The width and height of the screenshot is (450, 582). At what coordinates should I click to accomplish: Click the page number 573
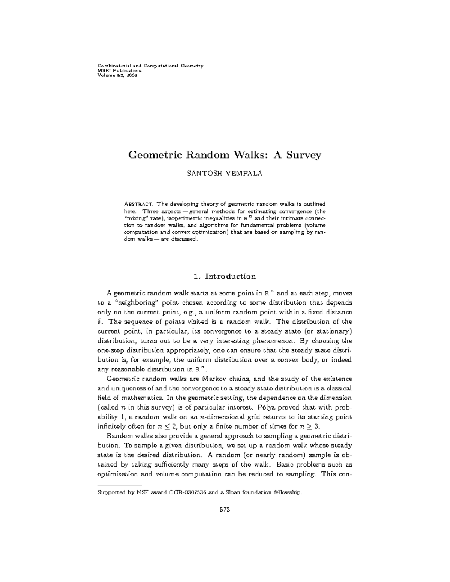pos(225,510)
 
